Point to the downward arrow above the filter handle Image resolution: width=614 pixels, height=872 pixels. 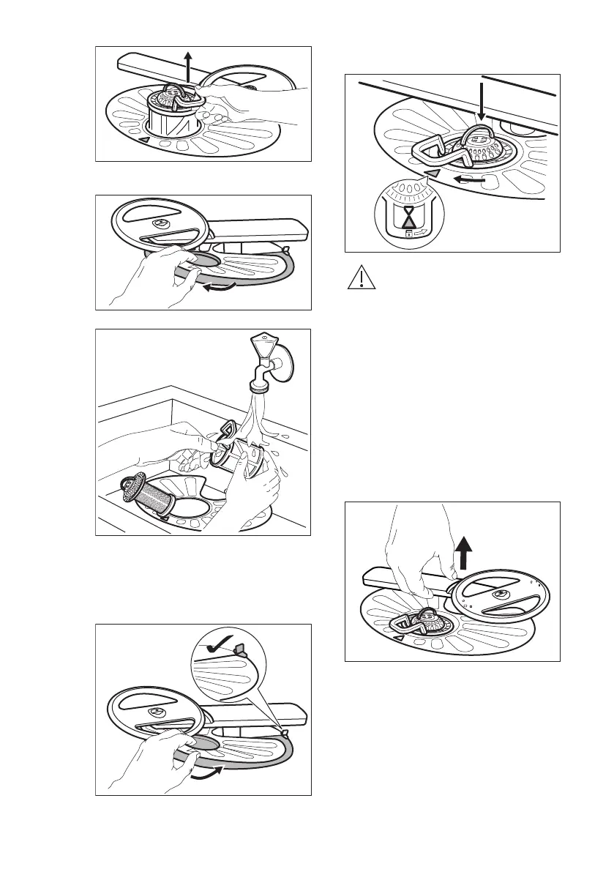pos(480,103)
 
